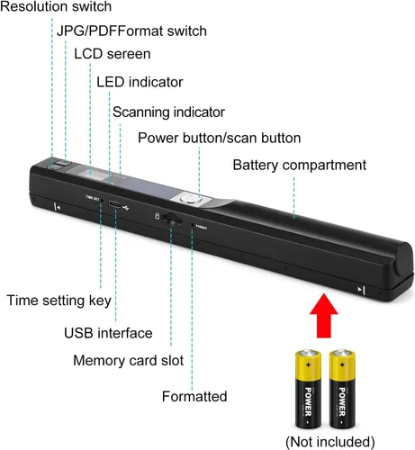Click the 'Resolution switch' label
pyautogui.click(x=56, y=6)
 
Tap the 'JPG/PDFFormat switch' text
pyautogui.click(x=131, y=31)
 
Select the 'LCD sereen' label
pyautogui.click(x=113, y=54)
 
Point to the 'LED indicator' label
pyautogui.click(x=140, y=82)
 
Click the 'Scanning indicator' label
pyautogui.click(x=168, y=112)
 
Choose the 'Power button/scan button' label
pyautogui.click(x=220, y=138)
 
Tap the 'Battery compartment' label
pyautogui.click(x=300, y=166)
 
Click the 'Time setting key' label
pyautogui.click(x=59, y=301)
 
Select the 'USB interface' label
pyautogui.click(x=108, y=333)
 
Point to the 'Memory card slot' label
pyautogui.click(x=129, y=360)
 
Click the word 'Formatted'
pyautogui.click(x=194, y=396)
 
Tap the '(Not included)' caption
pyautogui.click(x=330, y=442)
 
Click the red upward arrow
pyautogui.click(x=324, y=316)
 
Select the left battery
pyautogui.click(x=308, y=388)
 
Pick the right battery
pyautogui.click(x=342, y=388)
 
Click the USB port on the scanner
pyautogui.click(x=115, y=204)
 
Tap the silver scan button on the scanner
pyautogui.click(x=188, y=198)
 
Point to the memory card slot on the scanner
pyautogui.click(x=172, y=220)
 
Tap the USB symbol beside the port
pyautogui.click(x=126, y=207)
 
